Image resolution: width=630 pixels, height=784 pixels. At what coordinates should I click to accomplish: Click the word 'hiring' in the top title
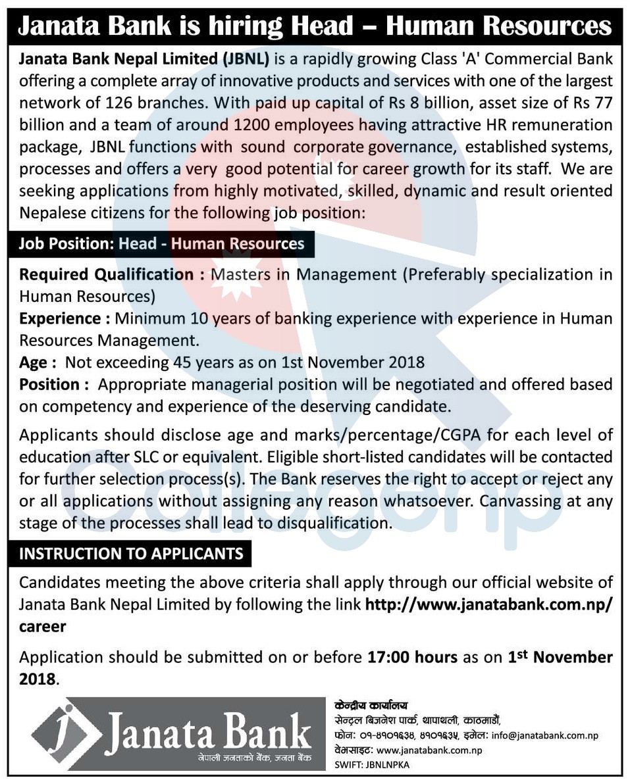pyautogui.click(x=246, y=26)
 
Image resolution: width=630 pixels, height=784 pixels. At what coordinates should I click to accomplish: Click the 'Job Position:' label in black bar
pyautogui.click(x=66, y=244)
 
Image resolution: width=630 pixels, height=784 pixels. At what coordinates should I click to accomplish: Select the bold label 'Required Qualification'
pyautogui.click(x=105, y=274)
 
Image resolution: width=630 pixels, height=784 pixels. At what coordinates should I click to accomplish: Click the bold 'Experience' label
pyautogui.click(x=59, y=319)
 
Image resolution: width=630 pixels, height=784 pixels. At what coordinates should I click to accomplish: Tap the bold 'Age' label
pyautogui.click(x=33, y=362)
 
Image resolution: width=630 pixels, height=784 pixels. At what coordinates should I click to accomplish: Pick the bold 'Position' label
pyautogui.click(x=49, y=384)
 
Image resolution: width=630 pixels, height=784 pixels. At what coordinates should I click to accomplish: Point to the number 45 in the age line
pyautogui.click(x=182, y=362)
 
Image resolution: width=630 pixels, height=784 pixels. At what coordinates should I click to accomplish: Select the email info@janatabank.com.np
pyautogui.click(x=544, y=736)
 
